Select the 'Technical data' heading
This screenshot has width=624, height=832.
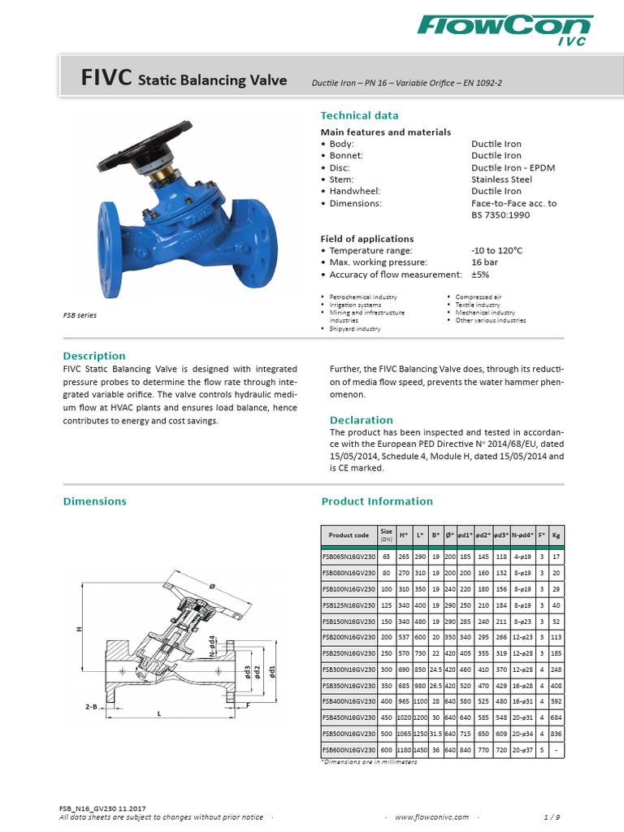click(x=359, y=115)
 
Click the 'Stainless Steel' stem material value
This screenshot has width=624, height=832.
click(x=501, y=180)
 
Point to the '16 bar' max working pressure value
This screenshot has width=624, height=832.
click(x=485, y=263)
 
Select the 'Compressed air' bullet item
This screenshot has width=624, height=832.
click(x=478, y=297)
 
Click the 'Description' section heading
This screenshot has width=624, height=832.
click(x=94, y=356)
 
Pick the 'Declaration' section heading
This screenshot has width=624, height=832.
click(x=361, y=420)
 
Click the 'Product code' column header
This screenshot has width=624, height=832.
click(x=349, y=535)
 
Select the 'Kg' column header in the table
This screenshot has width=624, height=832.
click(x=556, y=535)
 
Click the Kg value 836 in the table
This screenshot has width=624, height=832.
click(x=556, y=733)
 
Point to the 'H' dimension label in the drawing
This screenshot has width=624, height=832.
click(x=79, y=630)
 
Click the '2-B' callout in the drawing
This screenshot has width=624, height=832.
click(x=91, y=708)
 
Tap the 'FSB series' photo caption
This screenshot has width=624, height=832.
click(x=80, y=315)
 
